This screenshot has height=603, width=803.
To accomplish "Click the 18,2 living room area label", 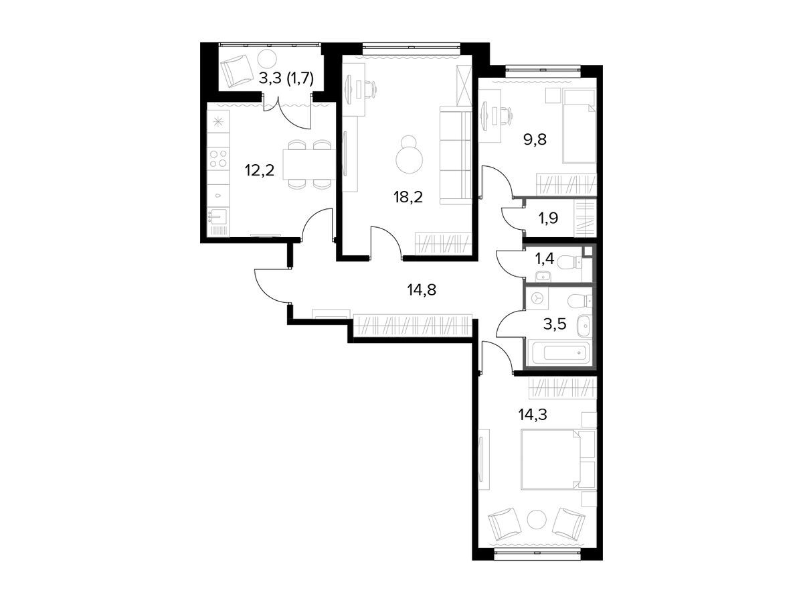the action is pos(408,198).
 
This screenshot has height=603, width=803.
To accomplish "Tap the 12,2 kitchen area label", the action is pos(260,170).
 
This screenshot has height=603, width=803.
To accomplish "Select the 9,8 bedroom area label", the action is pos(535,139).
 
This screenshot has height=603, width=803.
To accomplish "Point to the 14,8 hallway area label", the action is pos(422,290).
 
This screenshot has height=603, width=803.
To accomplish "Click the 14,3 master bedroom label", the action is pos(533,415).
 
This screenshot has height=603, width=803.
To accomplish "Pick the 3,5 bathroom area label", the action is pos(555,324).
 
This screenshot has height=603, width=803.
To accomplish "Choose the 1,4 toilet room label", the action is pos(545,259).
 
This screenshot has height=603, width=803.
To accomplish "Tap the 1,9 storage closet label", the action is pos(548,218).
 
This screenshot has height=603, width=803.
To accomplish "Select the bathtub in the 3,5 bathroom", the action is pos(558,353).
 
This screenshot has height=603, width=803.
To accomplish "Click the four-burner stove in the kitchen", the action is pos(218,158).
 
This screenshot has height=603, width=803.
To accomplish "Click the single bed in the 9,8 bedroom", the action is pos(579,127).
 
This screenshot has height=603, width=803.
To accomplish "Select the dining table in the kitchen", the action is pos(309,164).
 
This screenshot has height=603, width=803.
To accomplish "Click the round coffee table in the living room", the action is pos(409,155).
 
